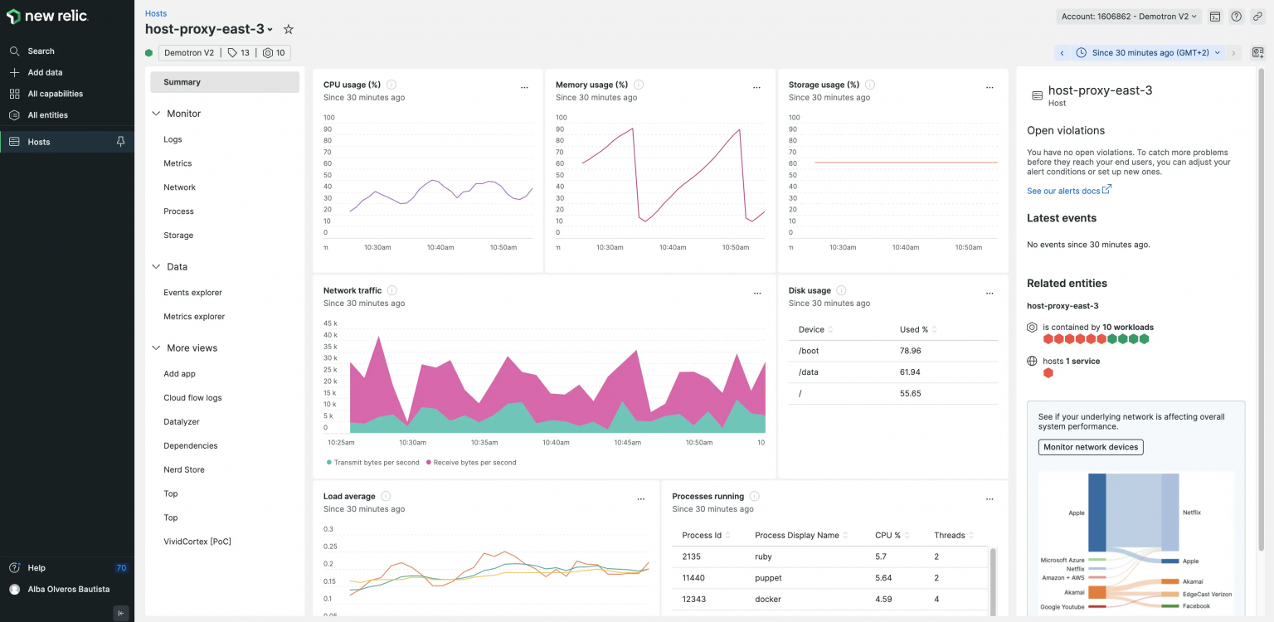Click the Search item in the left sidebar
click(41, 51)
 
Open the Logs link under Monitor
click(173, 139)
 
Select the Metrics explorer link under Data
click(194, 316)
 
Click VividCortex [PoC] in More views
click(197, 542)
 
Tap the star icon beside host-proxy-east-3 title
click(289, 29)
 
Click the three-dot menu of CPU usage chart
click(524, 87)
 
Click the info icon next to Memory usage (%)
click(639, 85)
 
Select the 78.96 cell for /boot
click(910, 351)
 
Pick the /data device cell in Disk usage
click(809, 372)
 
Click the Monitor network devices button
click(1091, 447)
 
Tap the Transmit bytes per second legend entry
click(376, 462)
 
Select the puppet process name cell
click(768, 578)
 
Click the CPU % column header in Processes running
click(887, 535)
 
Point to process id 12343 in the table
click(693, 599)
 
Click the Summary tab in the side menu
click(182, 82)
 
